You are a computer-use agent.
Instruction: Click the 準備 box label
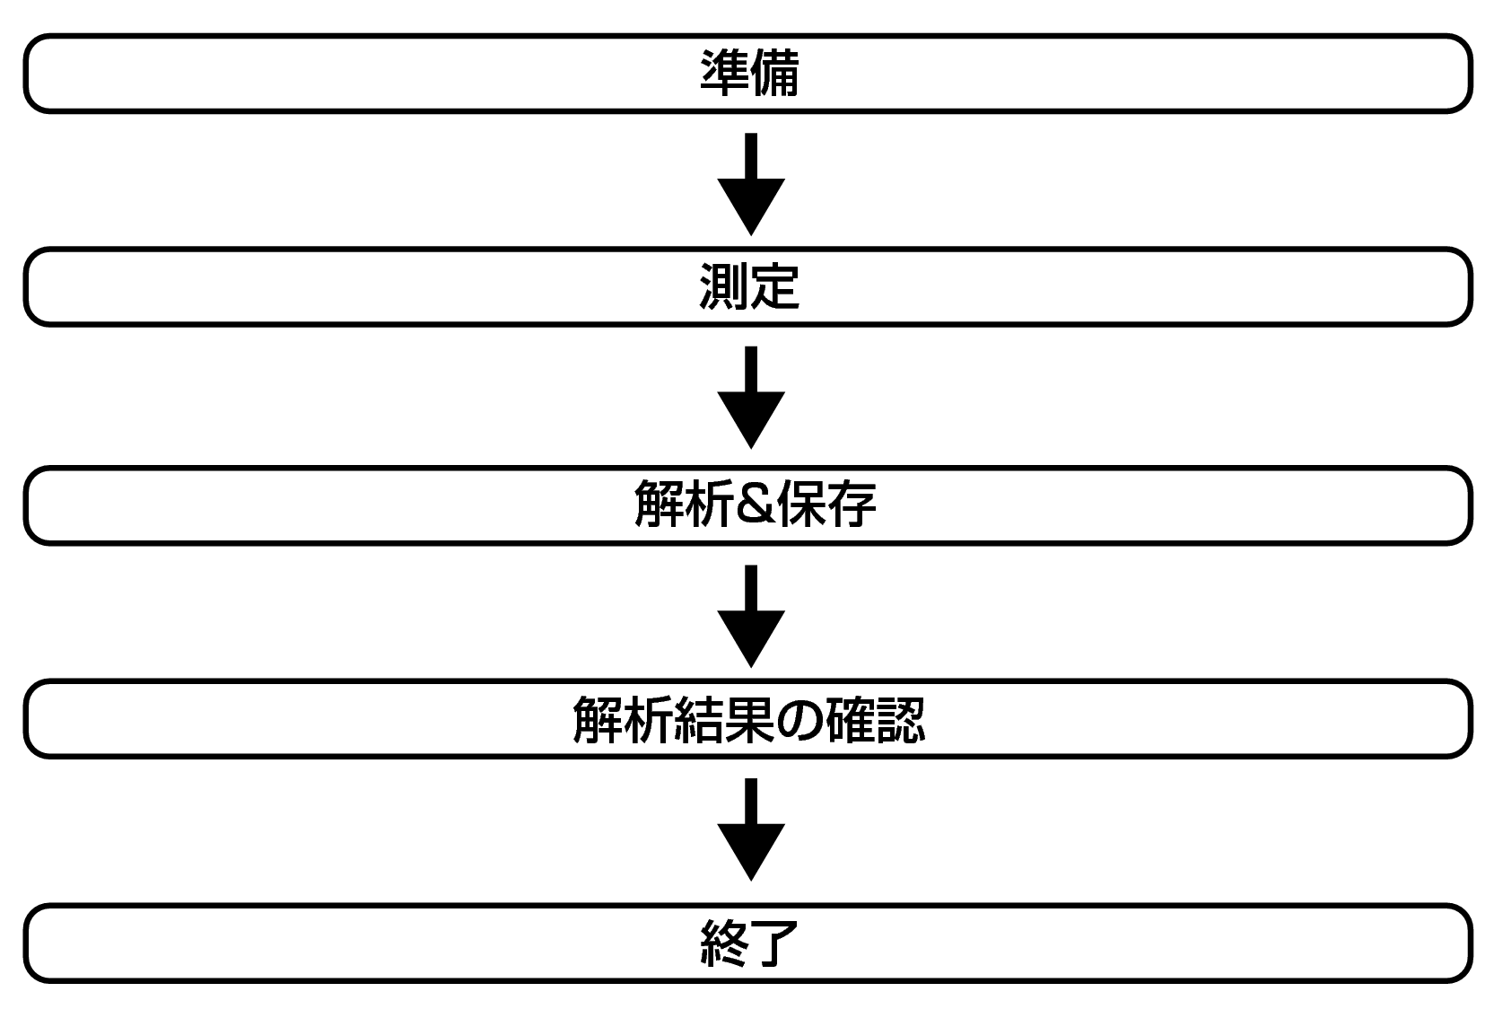(749, 73)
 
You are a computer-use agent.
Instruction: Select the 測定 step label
(749, 287)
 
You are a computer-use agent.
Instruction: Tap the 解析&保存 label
(755, 505)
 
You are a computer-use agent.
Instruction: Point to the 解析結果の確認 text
(749, 719)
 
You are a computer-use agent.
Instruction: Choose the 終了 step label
(749, 943)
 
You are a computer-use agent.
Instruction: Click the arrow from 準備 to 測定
(751, 184)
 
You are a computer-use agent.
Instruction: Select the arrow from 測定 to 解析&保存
(751, 398)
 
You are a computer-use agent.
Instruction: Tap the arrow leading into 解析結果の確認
(751, 616)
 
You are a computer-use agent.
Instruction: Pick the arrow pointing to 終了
(751, 829)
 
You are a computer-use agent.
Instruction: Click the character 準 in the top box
(724, 73)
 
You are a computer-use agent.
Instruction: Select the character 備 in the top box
(774, 73)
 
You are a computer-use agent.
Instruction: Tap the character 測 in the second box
(724, 287)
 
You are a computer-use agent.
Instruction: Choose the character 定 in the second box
(774, 287)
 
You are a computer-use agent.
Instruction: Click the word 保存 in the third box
(827, 505)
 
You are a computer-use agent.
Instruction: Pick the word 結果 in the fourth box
(724, 719)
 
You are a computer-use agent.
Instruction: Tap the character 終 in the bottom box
(724, 943)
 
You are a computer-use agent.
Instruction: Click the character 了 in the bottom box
(774, 943)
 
